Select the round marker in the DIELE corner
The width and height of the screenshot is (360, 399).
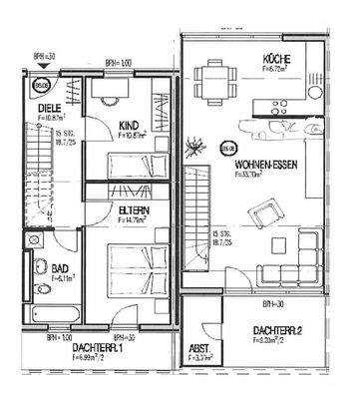click(43, 86)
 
